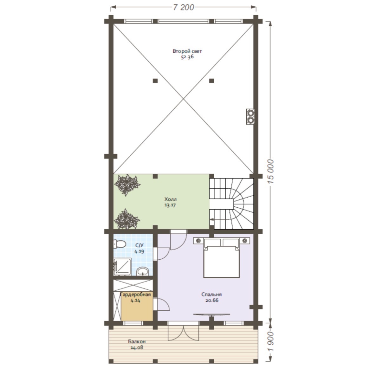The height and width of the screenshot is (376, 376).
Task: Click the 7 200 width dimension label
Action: click(184, 7)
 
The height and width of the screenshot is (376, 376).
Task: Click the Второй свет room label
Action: click(187, 51)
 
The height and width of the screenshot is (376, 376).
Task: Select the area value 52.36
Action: click(187, 57)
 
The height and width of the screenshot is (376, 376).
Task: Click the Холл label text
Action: click(170, 199)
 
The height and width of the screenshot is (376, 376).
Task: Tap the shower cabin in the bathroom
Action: click(122, 266)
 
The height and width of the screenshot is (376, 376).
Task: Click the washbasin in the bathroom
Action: click(143, 271)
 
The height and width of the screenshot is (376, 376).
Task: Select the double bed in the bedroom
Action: click(222, 258)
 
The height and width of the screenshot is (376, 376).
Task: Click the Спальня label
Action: click(211, 295)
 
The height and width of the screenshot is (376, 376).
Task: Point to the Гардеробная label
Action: click(136, 295)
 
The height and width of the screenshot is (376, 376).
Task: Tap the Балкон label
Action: click(137, 341)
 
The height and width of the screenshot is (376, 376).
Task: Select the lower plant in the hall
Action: click(126, 219)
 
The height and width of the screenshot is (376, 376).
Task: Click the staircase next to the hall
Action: click(231, 204)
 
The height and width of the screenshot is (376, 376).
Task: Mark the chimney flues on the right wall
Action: click(250, 116)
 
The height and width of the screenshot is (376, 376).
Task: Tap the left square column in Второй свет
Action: click(155, 81)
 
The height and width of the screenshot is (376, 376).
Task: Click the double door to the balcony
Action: click(184, 331)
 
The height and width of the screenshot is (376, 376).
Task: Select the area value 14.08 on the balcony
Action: click(137, 347)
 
